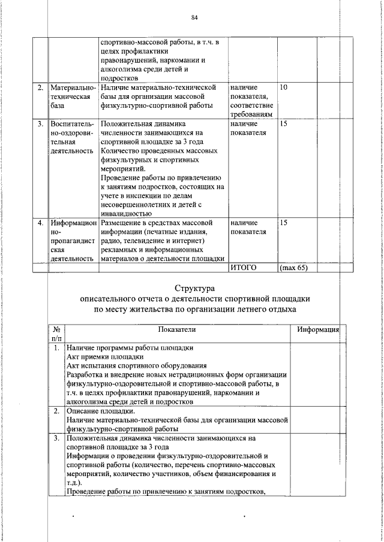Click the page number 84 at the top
coord(194,17)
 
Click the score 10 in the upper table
coord(284,88)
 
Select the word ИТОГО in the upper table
coord(243,268)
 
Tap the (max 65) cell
coord(293,268)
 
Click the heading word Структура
coord(195,289)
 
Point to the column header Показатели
coord(177,330)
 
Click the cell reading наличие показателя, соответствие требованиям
coord(251,101)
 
